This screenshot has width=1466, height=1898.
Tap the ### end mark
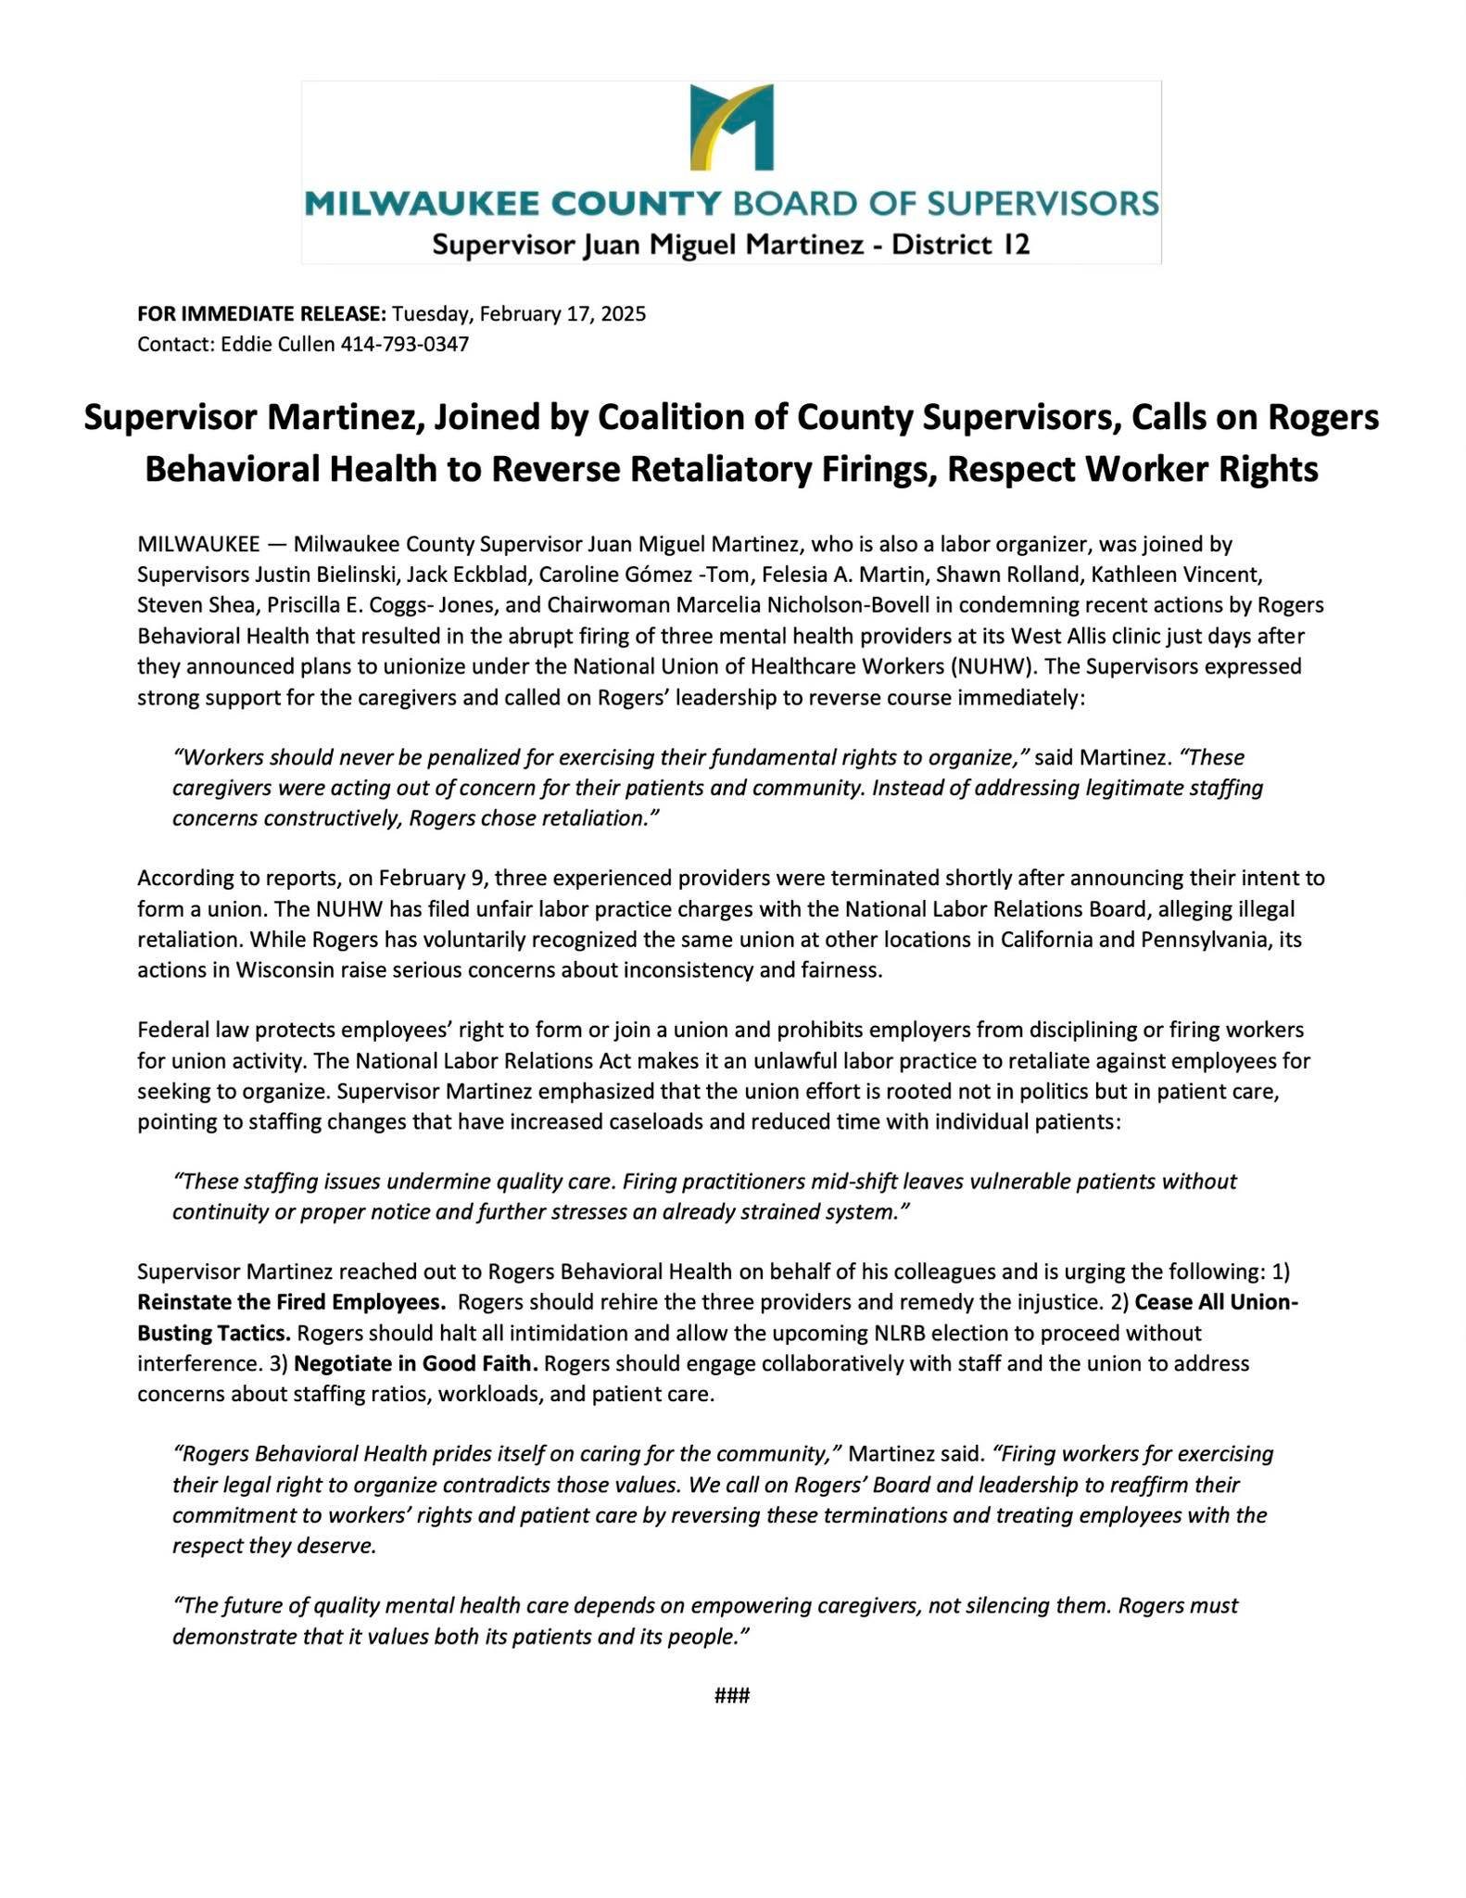732,1696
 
